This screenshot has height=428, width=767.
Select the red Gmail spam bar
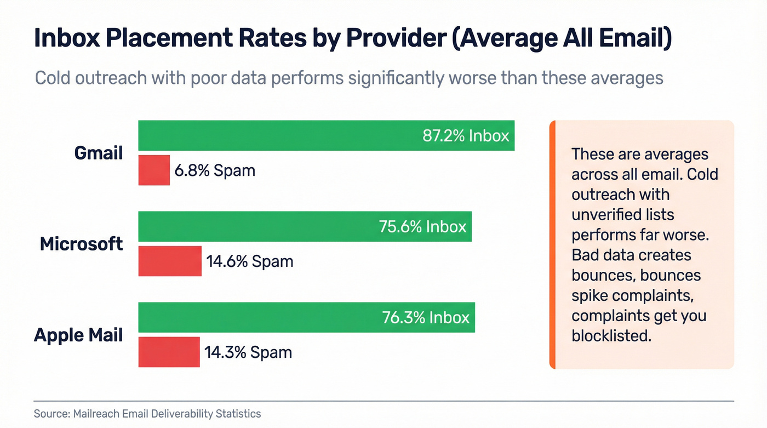pyautogui.click(x=154, y=170)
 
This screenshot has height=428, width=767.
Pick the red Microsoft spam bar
pyautogui.click(x=170, y=261)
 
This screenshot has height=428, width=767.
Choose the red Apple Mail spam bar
pyautogui.click(x=169, y=352)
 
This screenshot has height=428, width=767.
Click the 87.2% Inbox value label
pyautogui.click(x=466, y=135)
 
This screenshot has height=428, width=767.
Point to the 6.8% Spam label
pyautogui.click(x=215, y=170)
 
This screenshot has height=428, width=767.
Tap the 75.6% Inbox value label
pyautogui.click(x=422, y=226)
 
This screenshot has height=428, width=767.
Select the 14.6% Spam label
pyautogui.click(x=249, y=261)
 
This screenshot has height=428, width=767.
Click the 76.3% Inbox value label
pyautogui.click(x=426, y=317)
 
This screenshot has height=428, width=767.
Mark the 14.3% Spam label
pyautogui.click(x=248, y=352)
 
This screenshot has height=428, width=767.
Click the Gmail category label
pyautogui.click(x=99, y=153)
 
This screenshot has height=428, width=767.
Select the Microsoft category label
pyautogui.click(x=82, y=244)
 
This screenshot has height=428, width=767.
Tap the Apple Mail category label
pyautogui.click(x=78, y=335)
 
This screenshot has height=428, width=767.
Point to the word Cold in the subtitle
pyautogui.click(x=54, y=78)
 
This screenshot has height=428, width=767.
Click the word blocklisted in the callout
pyautogui.click(x=611, y=335)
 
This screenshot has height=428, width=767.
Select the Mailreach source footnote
pyautogui.click(x=147, y=414)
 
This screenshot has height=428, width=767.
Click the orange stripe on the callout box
pyautogui.click(x=552, y=244)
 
